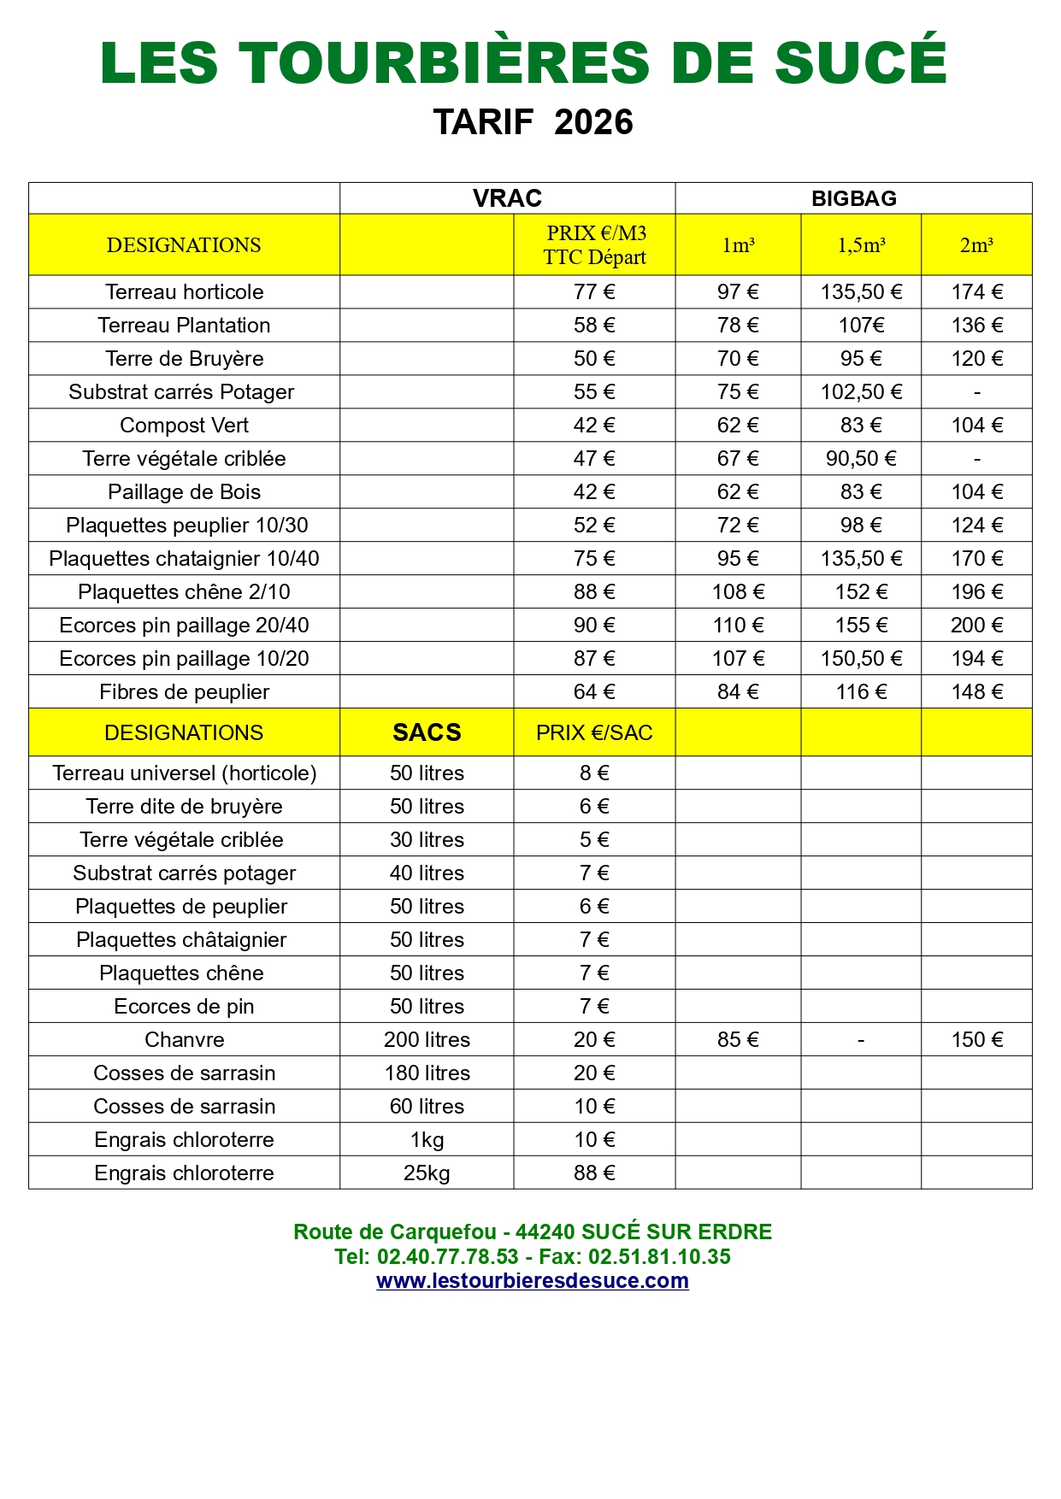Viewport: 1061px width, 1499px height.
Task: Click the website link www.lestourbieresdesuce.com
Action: [532, 1280]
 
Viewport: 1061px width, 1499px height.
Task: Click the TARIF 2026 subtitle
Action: [533, 122]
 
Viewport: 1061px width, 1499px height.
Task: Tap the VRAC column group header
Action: [507, 198]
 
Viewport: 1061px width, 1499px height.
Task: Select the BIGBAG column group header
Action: [853, 198]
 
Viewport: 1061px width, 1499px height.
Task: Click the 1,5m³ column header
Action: [861, 245]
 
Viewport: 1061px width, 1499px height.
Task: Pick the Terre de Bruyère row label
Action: [184, 358]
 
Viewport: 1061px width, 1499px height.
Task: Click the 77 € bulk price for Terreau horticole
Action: [594, 291]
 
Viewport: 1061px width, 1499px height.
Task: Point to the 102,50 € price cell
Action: [861, 391]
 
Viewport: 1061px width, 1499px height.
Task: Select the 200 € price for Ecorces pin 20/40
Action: [976, 625]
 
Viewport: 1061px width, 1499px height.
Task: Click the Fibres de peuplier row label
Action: [184, 691]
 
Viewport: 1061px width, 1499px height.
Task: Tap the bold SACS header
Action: [427, 732]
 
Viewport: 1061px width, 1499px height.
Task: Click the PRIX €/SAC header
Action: [594, 732]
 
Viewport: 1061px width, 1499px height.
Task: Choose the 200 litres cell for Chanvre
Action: [427, 1039]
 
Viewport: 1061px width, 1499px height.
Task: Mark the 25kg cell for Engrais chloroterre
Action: [427, 1173]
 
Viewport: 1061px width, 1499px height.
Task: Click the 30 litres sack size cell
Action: [427, 839]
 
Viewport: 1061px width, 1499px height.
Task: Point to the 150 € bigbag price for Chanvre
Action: [976, 1039]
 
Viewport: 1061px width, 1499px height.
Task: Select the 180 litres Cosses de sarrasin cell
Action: [427, 1073]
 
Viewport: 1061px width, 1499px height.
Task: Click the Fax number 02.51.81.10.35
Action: [659, 1256]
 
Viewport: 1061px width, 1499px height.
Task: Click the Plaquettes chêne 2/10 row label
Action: [184, 591]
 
